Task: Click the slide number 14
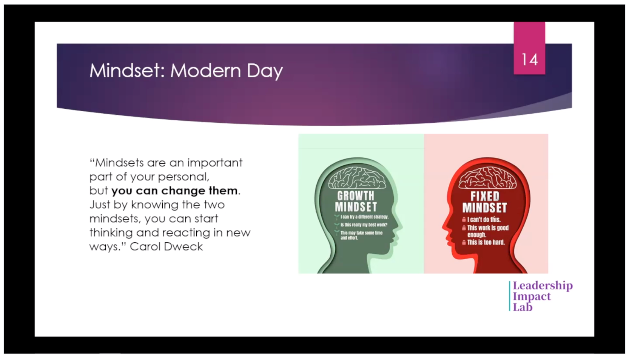point(530,60)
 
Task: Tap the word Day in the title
point(265,71)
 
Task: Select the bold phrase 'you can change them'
point(174,191)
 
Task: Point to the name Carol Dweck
point(166,247)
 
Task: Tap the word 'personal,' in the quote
point(183,177)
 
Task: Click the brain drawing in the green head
point(357,178)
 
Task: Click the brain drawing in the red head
point(487,178)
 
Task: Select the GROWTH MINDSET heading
point(356,201)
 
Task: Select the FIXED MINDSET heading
point(485,202)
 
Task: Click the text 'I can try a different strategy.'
point(364,217)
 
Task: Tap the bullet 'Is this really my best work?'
point(364,225)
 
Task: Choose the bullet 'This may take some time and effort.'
point(361,235)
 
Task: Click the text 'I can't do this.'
point(484,220)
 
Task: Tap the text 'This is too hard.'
point(486,242)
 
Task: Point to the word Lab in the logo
point(523,307)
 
